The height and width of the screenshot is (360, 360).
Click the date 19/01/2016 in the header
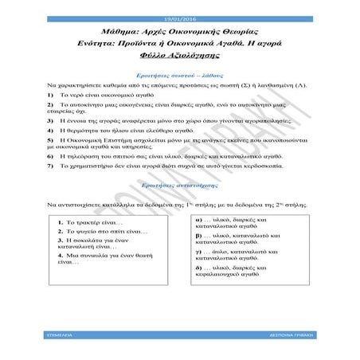point(179,7)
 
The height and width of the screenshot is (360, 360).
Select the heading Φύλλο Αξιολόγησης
point(179,54)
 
